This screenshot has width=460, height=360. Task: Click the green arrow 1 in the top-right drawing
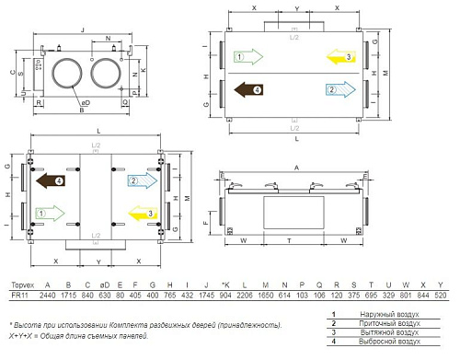click(247, 58)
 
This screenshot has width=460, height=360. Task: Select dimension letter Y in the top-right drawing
click(295, 7)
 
